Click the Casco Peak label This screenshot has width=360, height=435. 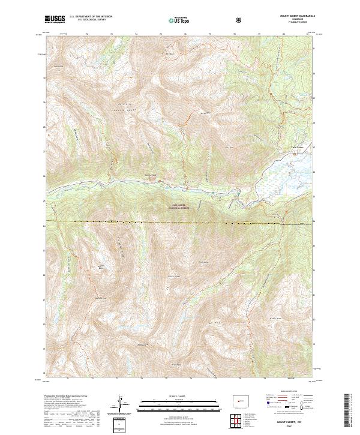58,67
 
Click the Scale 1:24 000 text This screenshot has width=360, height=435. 171,395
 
